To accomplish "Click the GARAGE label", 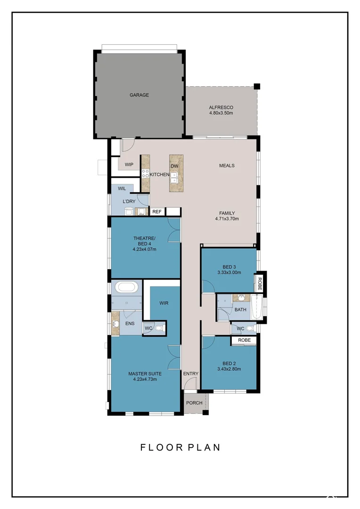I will click(x=139, y=95).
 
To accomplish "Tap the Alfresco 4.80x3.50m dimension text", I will click(x=221, y=113).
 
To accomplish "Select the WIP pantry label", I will click(x=129, y=164).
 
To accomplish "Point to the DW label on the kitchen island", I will click(x=174, y=166).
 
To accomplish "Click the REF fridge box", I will click(x=157, y=212).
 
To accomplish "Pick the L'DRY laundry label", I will click(x=129, y=202).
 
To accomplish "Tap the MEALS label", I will click(x=227, y=165).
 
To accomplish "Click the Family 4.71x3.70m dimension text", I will click(x=227, y=219).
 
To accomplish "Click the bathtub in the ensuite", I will click(x=126, y=287).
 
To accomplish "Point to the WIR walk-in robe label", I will click(x=164, y=303).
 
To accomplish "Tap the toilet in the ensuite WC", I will click(x=159, y=328).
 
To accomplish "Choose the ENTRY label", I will click(x=191, y=374).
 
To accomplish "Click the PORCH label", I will click(x=194, y=403).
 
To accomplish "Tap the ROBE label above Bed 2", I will click(x=244, y=340).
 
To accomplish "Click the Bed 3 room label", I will click(x=229, y=266).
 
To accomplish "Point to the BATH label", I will click(x=240, y=310).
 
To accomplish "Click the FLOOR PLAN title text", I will click(x=180, y=447).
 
